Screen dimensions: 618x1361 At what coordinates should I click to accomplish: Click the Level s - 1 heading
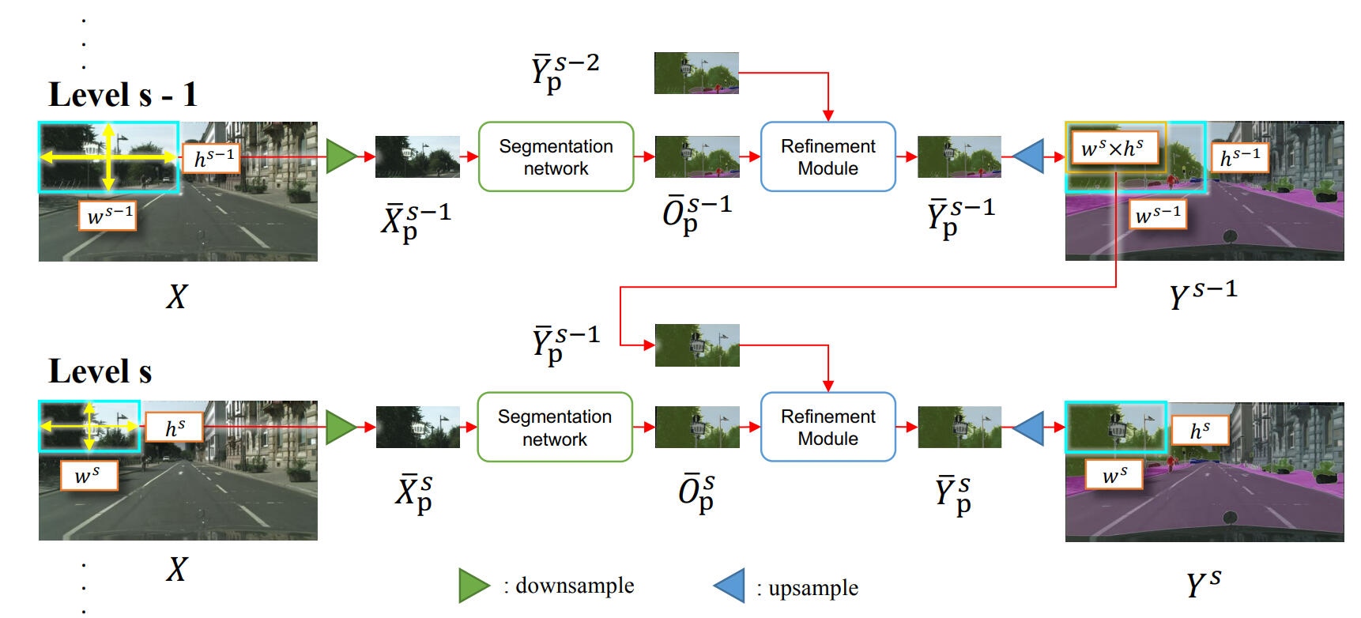coord(123,95)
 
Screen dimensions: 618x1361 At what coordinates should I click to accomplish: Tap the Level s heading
coord(100,371)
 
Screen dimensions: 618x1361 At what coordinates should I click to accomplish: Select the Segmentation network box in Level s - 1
coord(556,156)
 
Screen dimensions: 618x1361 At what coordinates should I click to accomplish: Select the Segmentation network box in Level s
coord(554,427)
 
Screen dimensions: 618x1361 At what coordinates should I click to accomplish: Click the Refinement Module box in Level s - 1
coord(828,156)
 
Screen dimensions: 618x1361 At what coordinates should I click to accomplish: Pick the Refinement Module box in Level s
coord(828,427)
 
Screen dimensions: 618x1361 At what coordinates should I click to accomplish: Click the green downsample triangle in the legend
coord(473,586)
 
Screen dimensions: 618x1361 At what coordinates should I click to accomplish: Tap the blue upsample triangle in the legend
coord(731,586)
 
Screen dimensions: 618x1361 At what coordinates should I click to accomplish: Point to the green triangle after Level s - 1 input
coord(341,156)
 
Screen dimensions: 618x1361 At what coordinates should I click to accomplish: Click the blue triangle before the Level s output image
coord(1030,428)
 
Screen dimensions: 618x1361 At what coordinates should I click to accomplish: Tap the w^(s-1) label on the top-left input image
coord(108,215)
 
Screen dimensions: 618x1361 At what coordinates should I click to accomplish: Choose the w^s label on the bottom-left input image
coord(88,475)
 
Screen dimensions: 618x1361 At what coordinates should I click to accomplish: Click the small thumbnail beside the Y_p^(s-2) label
coord(696,73)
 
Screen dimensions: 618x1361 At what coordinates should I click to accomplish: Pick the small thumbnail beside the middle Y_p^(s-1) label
coord(697,345)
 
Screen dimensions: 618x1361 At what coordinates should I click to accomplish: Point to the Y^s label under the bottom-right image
coord(1203,583)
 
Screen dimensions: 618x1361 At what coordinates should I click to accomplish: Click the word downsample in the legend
coord(575,586)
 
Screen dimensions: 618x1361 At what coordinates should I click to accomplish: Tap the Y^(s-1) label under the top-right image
coord(1203,294)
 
